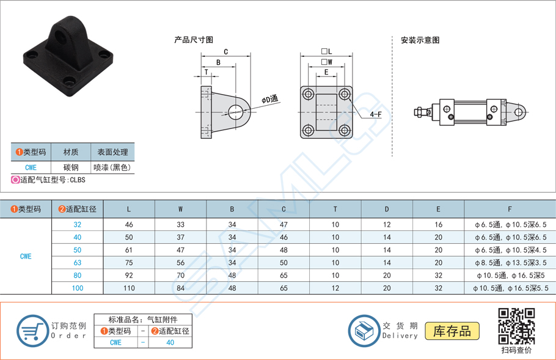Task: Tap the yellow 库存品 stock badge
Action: coord(452,331)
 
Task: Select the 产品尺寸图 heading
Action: coord(194,40)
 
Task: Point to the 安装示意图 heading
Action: coord(420,40)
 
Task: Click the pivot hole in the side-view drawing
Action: coord(235,111)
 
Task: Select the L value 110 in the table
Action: coord(128,288)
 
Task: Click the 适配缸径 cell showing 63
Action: coord(78,263)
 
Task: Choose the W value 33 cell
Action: coord(180,224)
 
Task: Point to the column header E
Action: coord(438,209)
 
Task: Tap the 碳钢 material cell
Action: coord(70,167)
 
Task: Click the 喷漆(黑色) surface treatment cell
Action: coord(112,167)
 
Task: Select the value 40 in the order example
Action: coord(170,342)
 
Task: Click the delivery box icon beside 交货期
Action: coord(364,331)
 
